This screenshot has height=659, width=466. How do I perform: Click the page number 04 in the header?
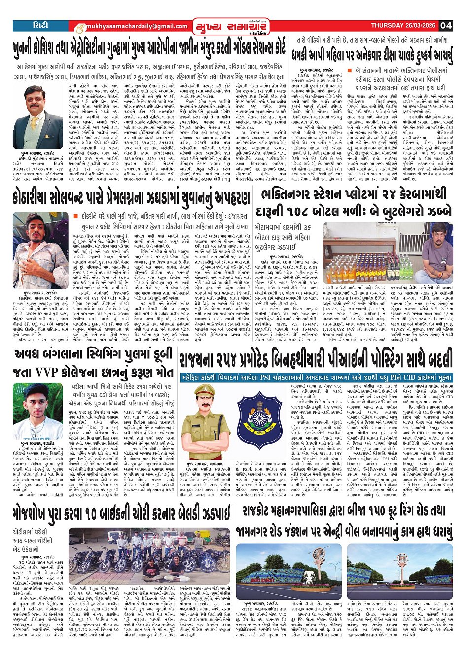pyautogui.click(x=445, y=25)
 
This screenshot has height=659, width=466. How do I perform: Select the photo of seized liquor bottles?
pyautogui.click(x=367, y=252)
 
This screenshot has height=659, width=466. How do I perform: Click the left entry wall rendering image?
pyautogui.click(x=288, y=570)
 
